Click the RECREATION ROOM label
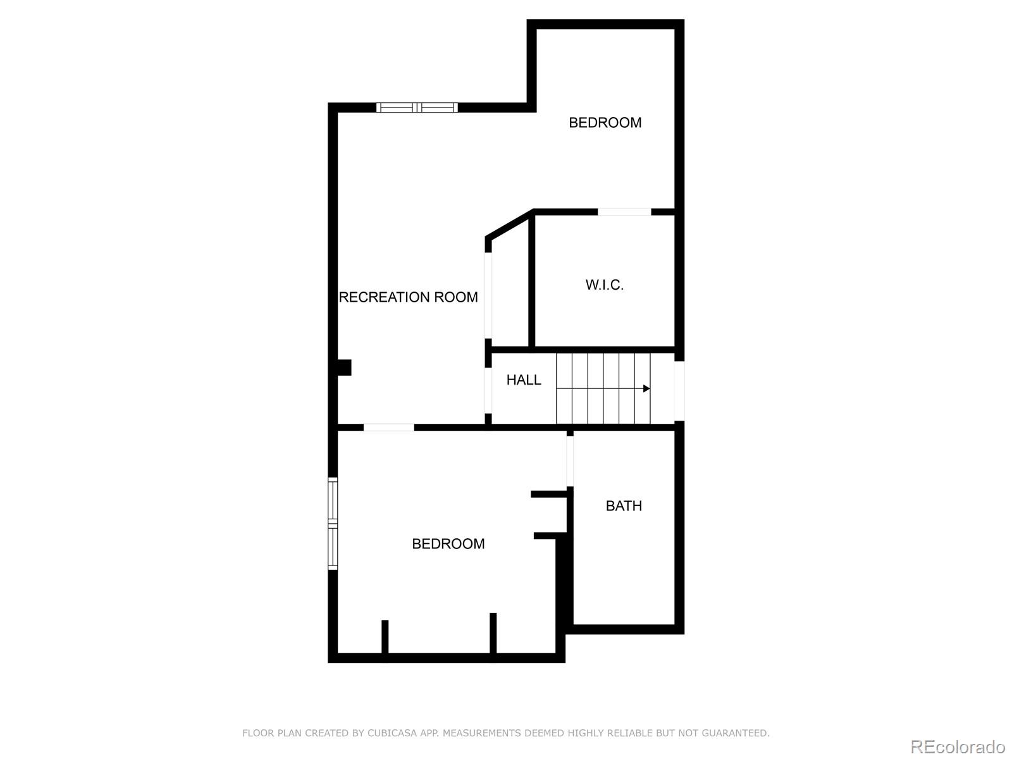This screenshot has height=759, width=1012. (409, 297)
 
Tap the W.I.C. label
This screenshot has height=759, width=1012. (605, 285)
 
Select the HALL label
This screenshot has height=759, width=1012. (524, 380)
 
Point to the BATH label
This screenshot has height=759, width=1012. (624, 506)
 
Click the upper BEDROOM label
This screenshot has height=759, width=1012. (605, 123)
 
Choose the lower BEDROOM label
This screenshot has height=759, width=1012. (448, 544)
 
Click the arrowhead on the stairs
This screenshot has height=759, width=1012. (646, 388)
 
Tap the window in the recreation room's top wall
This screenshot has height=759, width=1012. (417, 108)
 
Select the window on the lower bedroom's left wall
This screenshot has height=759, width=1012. (333, 524)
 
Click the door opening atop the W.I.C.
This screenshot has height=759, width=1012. (624, 212)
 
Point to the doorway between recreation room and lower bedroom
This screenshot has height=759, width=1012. (388, 428)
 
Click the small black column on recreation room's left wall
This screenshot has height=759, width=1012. (344, 367)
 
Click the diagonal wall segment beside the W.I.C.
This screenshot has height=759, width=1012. (509, 225)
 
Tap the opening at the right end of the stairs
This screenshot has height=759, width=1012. (679, 390)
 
